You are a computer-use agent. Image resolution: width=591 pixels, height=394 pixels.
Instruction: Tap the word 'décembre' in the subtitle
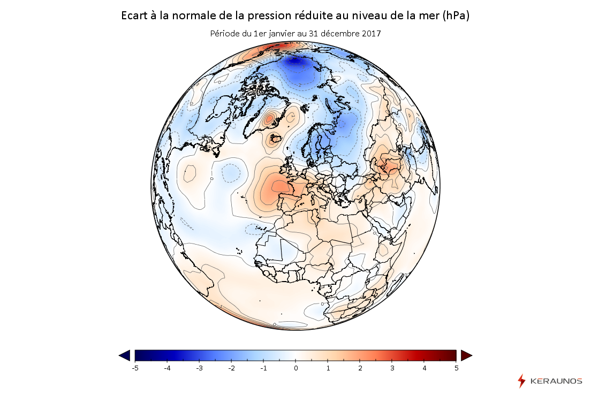339,33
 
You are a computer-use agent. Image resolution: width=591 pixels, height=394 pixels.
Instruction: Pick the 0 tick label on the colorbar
295,368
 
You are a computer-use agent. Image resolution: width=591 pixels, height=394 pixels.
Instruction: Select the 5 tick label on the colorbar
456,368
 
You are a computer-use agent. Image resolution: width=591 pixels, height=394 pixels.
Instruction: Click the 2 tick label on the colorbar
360,368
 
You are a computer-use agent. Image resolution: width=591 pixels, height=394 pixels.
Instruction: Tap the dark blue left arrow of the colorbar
124,355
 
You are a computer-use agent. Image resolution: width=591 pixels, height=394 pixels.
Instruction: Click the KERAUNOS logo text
556,381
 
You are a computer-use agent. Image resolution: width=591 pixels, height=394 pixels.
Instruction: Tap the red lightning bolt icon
521,381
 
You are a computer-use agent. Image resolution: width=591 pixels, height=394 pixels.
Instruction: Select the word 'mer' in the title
430,16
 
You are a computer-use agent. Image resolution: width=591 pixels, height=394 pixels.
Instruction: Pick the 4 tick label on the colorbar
424,368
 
